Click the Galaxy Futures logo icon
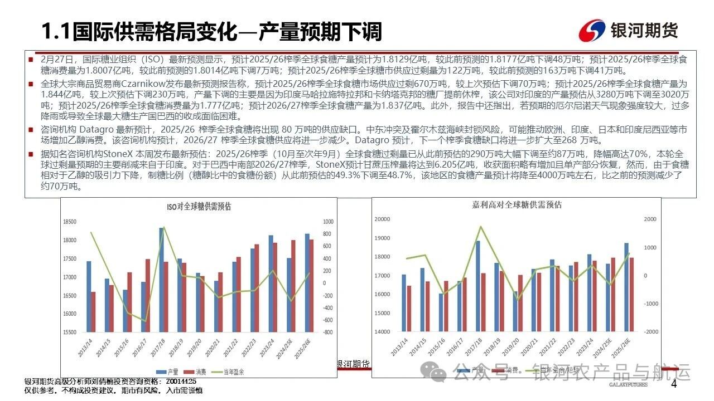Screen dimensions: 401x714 pyautogui.click(x=593, y=32)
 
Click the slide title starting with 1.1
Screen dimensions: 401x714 pyautogui.click(x=213, y=32)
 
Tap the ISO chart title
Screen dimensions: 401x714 pyautogui.click(x=199, y=207)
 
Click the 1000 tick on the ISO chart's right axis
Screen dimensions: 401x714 pyautogui.click(x=328, y=222)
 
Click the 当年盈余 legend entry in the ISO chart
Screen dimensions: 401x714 pyautogui.click(x=237, y=371)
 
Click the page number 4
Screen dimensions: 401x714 pyautogui.click(x=673, y=385)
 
